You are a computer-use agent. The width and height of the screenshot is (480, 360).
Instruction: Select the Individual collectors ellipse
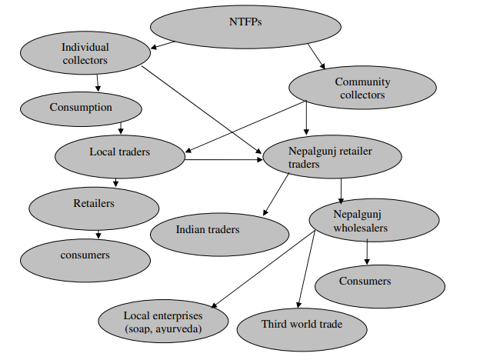[x=85, y=54]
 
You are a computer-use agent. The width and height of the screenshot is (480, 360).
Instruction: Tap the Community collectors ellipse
[x=362, y=88]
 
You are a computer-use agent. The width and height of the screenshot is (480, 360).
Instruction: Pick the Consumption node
[x=81, y=108]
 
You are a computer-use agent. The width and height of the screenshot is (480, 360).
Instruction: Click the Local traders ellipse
[x=119, y=152]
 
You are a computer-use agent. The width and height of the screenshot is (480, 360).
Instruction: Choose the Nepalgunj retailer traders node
[x=332, y=158]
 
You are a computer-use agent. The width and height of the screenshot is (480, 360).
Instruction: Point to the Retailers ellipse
[x=93, y=205]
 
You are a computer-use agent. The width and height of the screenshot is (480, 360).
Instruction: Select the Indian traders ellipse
[x=208, y=230]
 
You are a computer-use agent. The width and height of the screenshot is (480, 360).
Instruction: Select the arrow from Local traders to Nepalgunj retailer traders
[x=223, y=160]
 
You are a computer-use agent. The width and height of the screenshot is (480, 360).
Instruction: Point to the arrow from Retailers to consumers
[x=98, y=233]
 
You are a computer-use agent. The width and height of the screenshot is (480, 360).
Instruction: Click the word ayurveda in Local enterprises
[x=183, y=329]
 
